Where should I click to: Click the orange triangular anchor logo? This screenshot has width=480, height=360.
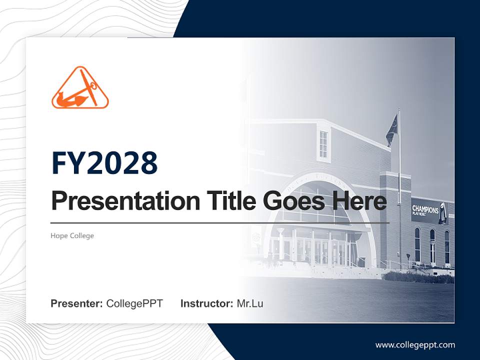pos(80,88)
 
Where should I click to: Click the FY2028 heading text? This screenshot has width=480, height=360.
pos(104,163)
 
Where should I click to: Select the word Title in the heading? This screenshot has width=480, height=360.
pos(227,201)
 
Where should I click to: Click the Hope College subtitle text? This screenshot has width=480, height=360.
pos(72,235)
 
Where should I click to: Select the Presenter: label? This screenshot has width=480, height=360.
pos(77,303)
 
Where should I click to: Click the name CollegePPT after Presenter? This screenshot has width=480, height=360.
pos(134,303)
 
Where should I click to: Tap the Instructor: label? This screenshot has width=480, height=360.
pos(206,303)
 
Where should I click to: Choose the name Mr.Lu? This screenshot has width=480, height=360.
pos(250,303)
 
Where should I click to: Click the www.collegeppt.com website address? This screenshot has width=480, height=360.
pos(415,344)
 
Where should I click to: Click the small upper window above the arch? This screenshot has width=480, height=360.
pos(323,144)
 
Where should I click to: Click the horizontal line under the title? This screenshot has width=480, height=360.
pos(220,222)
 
